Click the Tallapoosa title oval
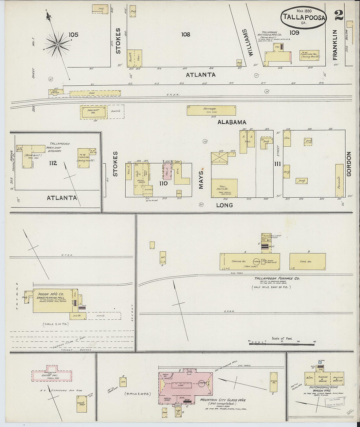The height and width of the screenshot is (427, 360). pyautogui.click(x=303, y=18)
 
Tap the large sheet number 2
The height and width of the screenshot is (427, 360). pyautogui.click(x=339, y=15)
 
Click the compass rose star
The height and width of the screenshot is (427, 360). pyautogui.click(x=58, y=44)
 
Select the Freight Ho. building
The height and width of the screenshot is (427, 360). pyautogui.click(x=93, y=112)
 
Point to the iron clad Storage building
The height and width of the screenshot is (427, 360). pyautogui.click(x=211, y=110)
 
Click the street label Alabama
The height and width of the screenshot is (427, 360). pyautogui.click(x=232, y=122)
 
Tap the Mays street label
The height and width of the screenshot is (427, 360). pyautogui.click(x=201, y=180)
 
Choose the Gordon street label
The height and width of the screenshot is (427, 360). pyautogui.click(x=348, y=164)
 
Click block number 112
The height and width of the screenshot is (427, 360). pyautogui.click(x=53, y=163)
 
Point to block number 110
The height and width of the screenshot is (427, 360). pyautogui.click(x=163, y=183)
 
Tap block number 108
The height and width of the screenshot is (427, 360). pyautogui.click(x=186, y=34)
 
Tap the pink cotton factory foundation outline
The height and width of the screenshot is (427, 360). pyautogui.click(x=52, y=375)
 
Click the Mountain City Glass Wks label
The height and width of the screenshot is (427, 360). pyautogui.click(x=223, y=400)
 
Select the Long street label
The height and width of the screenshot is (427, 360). pyautogui.click(x=225, y=205)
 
